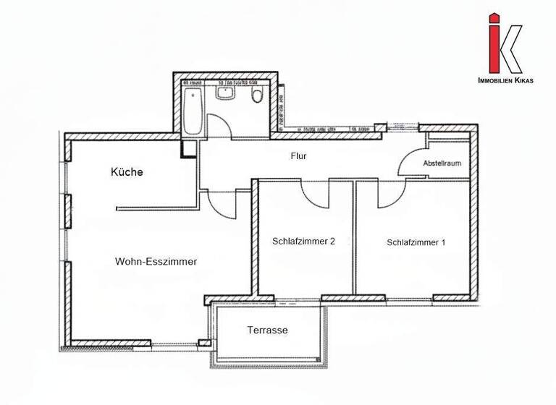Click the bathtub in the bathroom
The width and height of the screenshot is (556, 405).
pyautogui.click(x=193, y=112)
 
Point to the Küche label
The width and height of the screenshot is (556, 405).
pyautogui.click(x=127, y=172)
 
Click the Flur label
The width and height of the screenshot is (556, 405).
pyautogui.click(x=299, y=155)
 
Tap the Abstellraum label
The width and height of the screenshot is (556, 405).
pyautogui.click(x=442, y=164)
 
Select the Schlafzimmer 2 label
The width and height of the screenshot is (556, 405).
pyautogui.click(x=303, y=242)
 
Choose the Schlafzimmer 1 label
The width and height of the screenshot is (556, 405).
pyautogui.click(x=416, y=242)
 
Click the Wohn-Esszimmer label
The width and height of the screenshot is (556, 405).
pyautogui.click(x=156, y=262)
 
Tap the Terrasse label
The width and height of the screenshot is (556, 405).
pyautogui.click(x=267, y=331)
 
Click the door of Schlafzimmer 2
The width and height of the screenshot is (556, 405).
pyautogui.click(x=316, y=192)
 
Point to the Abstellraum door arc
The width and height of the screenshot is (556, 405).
pyautogui.click(x=409, y=161)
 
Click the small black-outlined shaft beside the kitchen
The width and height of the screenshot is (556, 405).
pyautogui.click(x=189, y=148)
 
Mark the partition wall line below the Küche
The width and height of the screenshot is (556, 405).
pyautogui.click(x=156, y=208)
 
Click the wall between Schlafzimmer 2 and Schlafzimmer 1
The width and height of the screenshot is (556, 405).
pyautogui.click(x=354, y=239)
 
